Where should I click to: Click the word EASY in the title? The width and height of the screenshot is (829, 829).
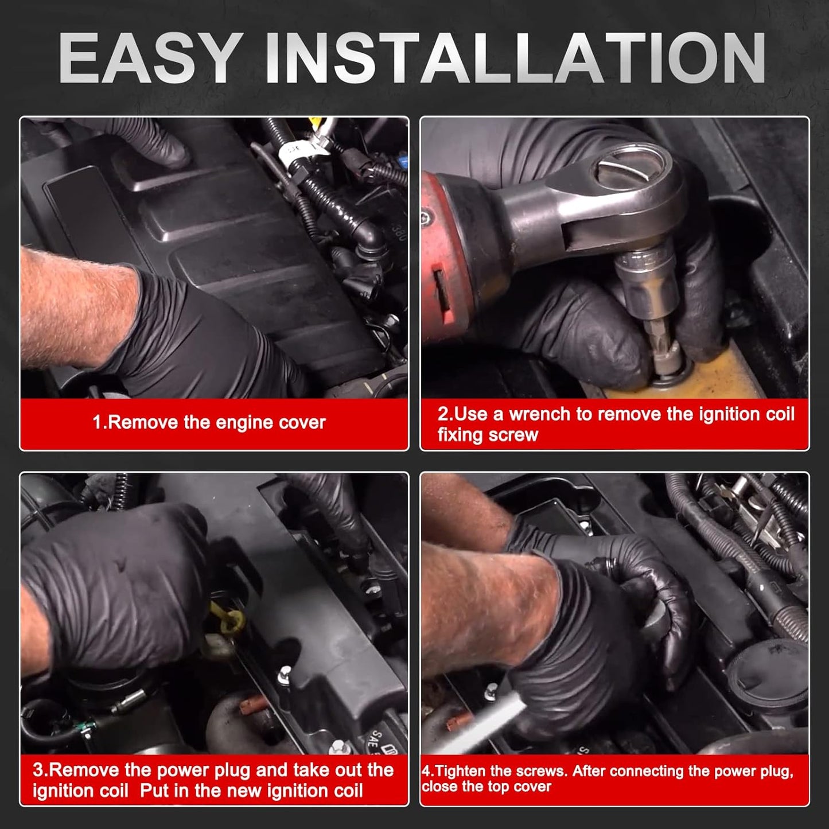(x=149, y=57)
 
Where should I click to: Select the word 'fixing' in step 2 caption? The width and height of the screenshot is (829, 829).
(x=460, y=435)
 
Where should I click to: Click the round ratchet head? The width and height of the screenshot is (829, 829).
(x=626, y=172)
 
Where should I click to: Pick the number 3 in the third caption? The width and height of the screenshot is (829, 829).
(x=38, y=770)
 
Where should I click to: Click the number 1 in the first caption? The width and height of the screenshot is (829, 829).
(x=97, y=422)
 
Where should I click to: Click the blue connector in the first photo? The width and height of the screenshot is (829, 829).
(x=403, y=162)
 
